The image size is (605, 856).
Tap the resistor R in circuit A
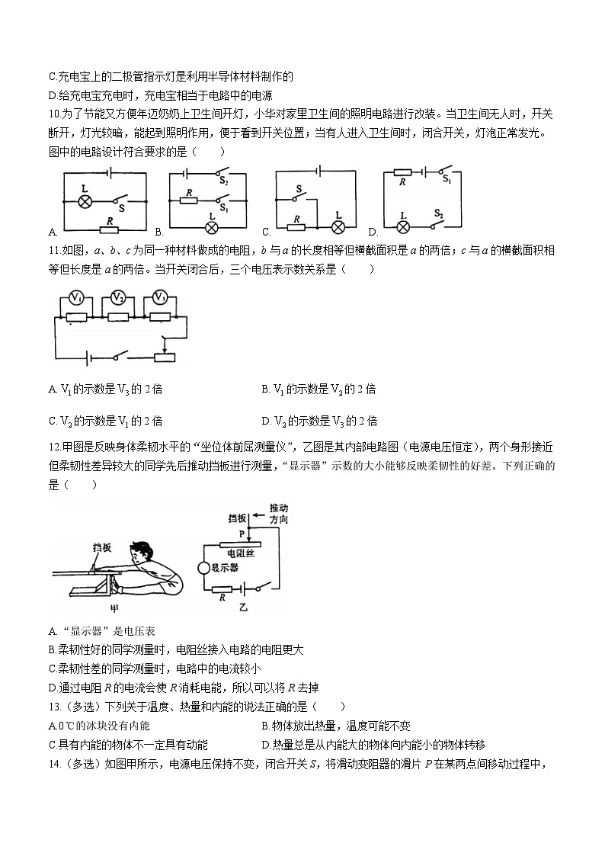click(111, 228)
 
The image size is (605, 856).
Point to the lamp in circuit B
click(213, 227)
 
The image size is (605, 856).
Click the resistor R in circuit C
click(295, 226)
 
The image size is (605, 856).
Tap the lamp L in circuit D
click(404, 226)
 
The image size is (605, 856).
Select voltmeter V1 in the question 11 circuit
click(76, 297)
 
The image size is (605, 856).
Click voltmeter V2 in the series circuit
click(117, 297)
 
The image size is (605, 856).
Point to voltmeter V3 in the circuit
click(159, 297)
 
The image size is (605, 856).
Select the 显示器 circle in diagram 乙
click(204, 567)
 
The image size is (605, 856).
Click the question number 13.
click(54, 707)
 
